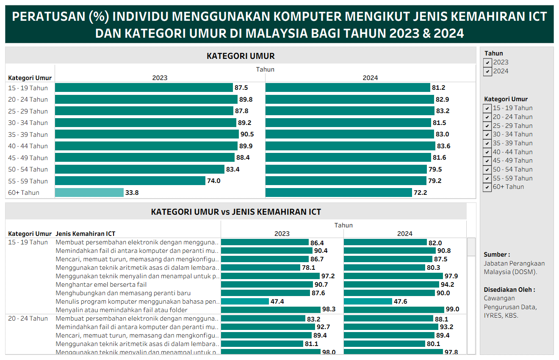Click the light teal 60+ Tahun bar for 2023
[89, 193]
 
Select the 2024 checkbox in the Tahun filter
[488, 71]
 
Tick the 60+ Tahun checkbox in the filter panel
[488, 187]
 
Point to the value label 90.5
[247, 134]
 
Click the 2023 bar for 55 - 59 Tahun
[130, 181]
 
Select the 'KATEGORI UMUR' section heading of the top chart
[241, 56]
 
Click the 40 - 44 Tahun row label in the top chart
[28, 146]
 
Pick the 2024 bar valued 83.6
[350, 146]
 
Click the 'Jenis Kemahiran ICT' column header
[86, 233]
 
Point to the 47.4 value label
[277, 301]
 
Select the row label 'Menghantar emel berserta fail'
[101, 284]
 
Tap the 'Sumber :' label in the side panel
[497, 255]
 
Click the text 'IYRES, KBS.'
[501, 316]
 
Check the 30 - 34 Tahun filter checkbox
[488, 135]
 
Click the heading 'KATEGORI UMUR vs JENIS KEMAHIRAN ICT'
[236, 212]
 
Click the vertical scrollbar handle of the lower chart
[471, 247]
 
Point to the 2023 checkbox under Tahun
[488, 62]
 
